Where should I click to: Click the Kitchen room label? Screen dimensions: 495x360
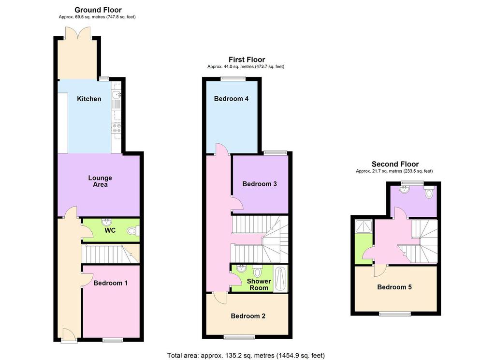tap(89, 99)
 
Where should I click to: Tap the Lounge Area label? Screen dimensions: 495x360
tap(100, 181)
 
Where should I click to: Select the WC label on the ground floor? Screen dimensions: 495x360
tap(110, 230)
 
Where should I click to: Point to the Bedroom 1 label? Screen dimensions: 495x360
tap(111, 283)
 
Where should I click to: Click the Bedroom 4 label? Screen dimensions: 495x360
tap(231, 99)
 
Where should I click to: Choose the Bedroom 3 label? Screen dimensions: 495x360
tap(260, 184)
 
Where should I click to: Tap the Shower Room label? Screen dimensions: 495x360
tap(259, 285)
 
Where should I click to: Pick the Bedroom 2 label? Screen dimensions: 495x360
tap(248, 316)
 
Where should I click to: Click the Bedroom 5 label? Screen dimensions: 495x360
tap(394, 287)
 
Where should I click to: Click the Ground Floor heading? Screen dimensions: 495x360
tap(98, 10)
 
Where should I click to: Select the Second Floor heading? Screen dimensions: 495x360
tap(395, 164)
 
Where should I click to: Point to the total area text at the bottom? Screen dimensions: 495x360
tap(246, 355)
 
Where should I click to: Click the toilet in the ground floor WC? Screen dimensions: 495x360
tap(132, 231)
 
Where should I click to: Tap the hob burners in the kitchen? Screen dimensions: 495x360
tap(116, 128)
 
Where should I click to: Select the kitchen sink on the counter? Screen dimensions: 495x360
tap(116, 95)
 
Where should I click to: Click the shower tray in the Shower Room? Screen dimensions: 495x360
tap(280, 279)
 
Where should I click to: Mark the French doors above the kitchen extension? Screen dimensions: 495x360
tap(78, 33)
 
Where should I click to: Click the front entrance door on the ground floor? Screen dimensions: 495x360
tap(69, 335)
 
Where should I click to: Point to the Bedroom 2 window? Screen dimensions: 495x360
tap(239, 337)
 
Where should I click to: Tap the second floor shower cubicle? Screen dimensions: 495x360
tap(364, 226)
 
